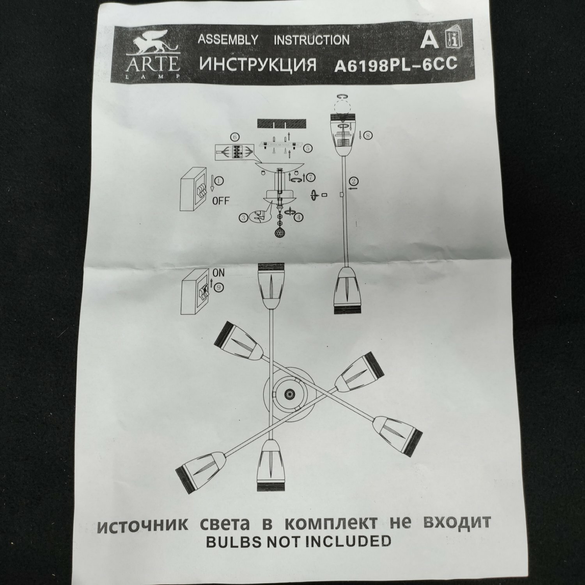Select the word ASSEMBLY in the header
coord(228,40)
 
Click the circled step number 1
coord(219,181)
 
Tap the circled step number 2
coord(353,181)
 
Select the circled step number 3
coord(243,218)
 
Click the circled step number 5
coord(308,148)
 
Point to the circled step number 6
coord(234,137)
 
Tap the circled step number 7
coord(310,177)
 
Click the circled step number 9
coord(218,287)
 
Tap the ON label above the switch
coord(218,273)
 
